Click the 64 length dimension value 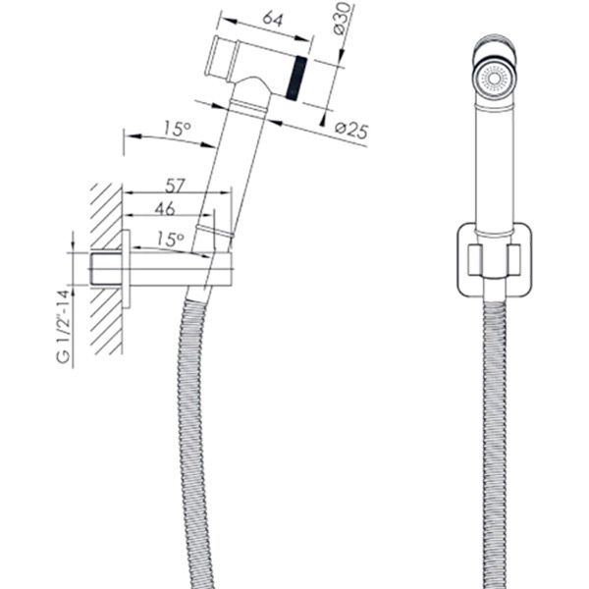pyautogui.click(x=272, y=19)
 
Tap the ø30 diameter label pyautogui.click(x=343, y=18)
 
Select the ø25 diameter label pyautogui.click(x=351, y=130)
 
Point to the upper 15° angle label pyautogui.click(x=178, y=129)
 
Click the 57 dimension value pyautogui.click(x=175, y=186)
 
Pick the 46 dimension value pyautogui.click(x=165, y=208)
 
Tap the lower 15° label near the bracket pyautogui.click(x=170, y=239)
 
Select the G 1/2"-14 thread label pyautogui.click(x=63, y=326)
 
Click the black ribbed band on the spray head pyautogui.click(x=296, y=79)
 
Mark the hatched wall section pyautogui.click(x=106, y=269)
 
